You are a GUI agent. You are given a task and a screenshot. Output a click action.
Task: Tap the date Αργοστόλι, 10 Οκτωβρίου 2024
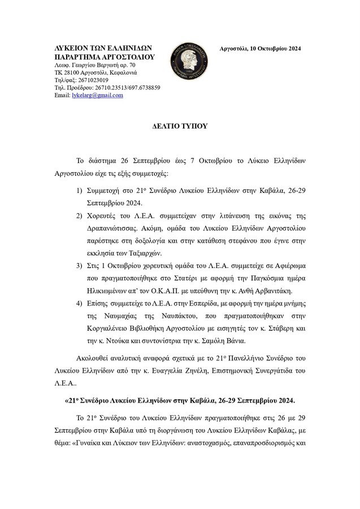[x=260, y=49]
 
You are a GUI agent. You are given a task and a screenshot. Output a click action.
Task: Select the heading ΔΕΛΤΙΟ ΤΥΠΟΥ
[x=180, y=126]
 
